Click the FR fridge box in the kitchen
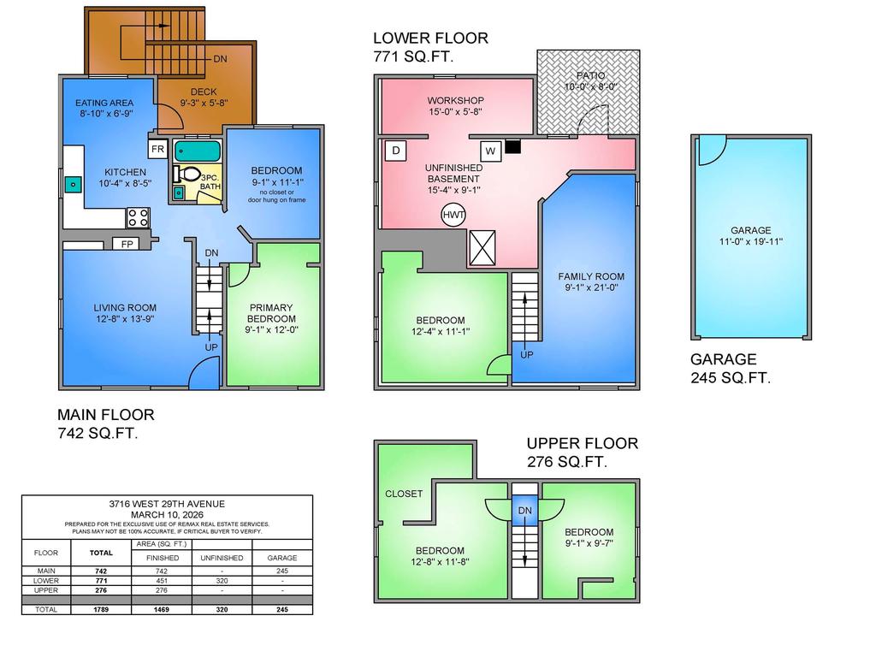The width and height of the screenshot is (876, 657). point(158,149)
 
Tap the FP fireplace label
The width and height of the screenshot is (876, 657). point(127,244)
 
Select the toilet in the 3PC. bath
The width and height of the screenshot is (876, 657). point(186,175)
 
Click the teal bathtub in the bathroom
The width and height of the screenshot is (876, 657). point(198,151)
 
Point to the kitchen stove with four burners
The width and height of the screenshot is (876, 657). point(138,217)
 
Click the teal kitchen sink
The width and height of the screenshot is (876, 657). point(73,184)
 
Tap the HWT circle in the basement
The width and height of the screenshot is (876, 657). point(453,215)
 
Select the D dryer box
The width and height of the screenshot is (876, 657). point(395,151)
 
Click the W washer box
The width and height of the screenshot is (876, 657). point(490,151)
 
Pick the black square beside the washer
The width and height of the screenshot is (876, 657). point(513,146)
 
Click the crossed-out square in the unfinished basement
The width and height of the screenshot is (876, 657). point(482,247)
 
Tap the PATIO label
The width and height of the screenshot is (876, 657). point(590,75)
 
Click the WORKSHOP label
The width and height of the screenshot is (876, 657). point(456,101)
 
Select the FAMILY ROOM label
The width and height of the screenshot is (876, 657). point(591,276)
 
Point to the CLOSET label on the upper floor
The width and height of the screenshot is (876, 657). point(404,494)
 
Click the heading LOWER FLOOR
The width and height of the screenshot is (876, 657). point(431,38)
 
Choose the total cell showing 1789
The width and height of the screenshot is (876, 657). point(101,609)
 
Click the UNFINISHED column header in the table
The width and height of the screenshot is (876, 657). point(222,558)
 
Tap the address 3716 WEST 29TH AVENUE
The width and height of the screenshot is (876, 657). point(167,504)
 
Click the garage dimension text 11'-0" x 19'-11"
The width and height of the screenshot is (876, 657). point(751,242)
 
